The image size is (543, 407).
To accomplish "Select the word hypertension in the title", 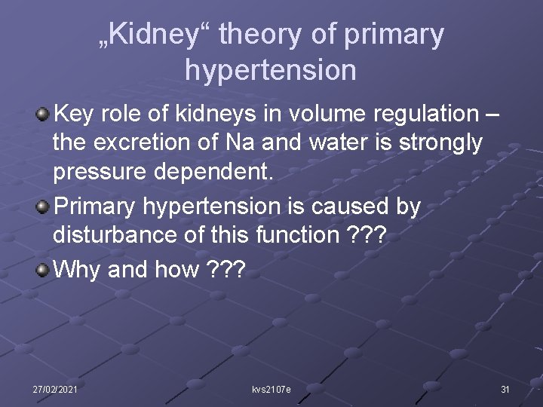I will point(271,69).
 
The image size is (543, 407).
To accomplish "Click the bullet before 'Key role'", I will point(43,114).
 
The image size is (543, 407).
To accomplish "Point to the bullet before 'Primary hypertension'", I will point(43,206).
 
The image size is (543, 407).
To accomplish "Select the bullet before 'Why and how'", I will point(43,268).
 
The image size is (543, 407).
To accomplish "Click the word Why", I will point(78,268).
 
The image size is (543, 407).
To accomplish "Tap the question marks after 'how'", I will point(225,268).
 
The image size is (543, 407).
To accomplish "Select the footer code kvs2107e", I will point(271,389).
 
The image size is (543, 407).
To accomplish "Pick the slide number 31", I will point(505,389).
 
